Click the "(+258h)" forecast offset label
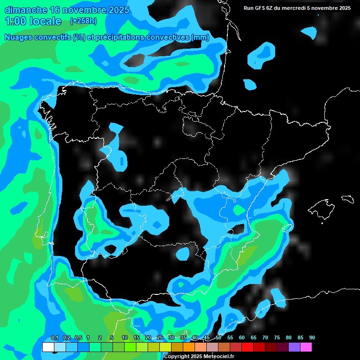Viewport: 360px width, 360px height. (x=83, y=21)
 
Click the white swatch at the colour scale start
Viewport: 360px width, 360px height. (x=48, y=347)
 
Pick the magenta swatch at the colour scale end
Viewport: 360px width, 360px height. (x=306, y=347)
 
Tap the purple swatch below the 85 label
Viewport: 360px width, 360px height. (x=294, y=347)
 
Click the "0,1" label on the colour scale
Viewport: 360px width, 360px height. (x=55, y=338)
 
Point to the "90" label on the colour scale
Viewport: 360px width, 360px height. (x=312, y=338)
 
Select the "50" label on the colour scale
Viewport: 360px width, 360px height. (x=218, y=338)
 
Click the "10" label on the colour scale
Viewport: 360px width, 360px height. (x=125, y=338)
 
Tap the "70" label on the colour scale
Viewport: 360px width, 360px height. (x=265, y=338)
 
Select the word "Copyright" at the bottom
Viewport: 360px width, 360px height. (x=177, y=357)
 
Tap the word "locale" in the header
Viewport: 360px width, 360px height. (x=45, y=21)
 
